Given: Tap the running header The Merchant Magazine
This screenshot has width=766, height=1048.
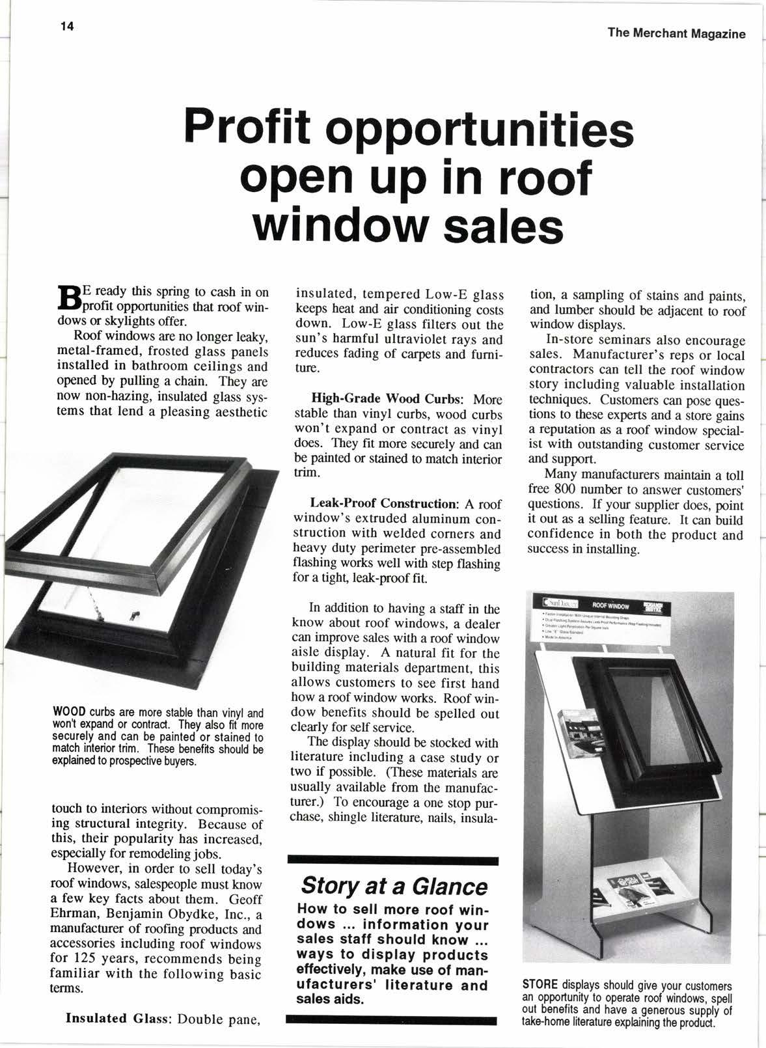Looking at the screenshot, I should pos(676,34).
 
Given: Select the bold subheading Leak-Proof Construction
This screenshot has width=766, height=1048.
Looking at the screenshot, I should pos(385,504).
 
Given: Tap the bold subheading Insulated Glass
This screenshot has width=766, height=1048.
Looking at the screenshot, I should pos(117,1018).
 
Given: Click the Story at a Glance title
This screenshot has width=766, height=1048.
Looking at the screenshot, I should pos(393,886).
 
